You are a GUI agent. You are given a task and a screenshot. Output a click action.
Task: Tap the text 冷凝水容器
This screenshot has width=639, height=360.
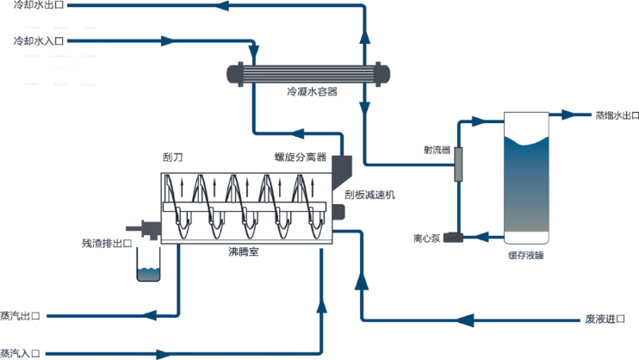point(311,91)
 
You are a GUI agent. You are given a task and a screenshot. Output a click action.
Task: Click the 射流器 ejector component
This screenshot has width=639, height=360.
point(458,164)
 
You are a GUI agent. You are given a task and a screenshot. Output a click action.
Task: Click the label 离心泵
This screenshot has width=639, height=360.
point(427,238)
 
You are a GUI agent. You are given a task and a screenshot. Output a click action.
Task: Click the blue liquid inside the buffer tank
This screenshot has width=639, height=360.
point(525,189)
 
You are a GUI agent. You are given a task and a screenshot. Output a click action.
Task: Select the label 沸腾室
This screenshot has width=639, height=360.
point(244,251)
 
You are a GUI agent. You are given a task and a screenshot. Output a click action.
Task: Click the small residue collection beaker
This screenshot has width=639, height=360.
point(148,271)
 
